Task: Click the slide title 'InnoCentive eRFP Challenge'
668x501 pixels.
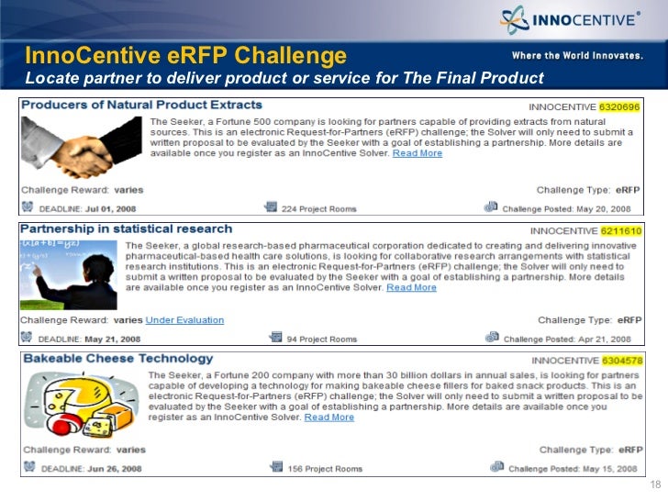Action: (x=185, y=53)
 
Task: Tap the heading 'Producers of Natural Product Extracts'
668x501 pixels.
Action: (x=141, y=106)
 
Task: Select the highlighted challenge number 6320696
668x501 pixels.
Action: (x=620, y=107)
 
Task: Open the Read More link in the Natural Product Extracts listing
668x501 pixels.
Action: (x=417, y=153)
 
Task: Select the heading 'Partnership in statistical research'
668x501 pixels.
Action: (x=127, y=228)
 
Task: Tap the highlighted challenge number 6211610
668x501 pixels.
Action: (x=621, y=229)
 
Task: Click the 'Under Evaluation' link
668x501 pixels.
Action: (x=184, y=320)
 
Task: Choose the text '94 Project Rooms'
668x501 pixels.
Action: (x=322, y=340)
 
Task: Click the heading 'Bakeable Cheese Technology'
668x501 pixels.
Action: (x=117, y=359)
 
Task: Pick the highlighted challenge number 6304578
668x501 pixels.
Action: (x=621, y=361)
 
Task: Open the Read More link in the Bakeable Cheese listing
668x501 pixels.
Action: (x=329, y=417)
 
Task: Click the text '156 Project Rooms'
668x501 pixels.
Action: (x=325, y=469)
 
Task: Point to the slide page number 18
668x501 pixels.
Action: (x=655, y=485)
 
